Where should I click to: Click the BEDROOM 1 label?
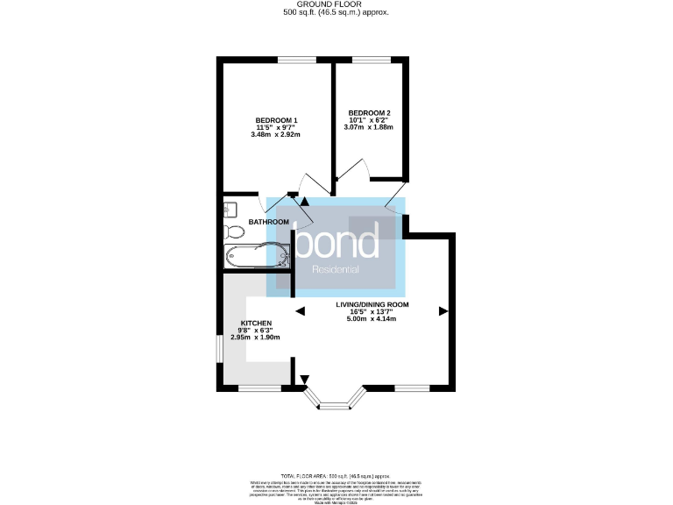pos(277,120)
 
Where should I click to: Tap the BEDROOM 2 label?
pos(369,113)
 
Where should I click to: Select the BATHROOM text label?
pos(268,222)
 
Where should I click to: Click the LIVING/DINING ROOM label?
pos(372,305)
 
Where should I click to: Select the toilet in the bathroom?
pos(233,231)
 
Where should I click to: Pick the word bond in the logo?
pos(336,238)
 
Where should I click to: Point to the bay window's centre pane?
pos(333,405)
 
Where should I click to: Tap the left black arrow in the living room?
pos(300,310)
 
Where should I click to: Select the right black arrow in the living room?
pos(443,310)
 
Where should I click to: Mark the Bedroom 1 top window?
pos(296,60)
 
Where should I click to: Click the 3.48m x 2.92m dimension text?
pos(275,135)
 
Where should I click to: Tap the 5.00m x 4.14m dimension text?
pos(372,318)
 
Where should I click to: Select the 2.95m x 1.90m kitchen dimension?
pos(254,338)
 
